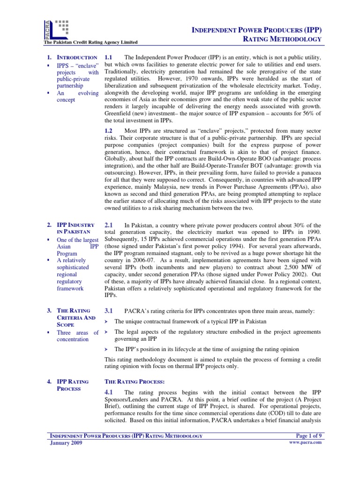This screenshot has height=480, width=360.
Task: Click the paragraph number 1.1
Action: point(109,56)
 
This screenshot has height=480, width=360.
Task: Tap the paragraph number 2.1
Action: point(109,225)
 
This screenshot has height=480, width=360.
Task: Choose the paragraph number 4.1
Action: point(109,392)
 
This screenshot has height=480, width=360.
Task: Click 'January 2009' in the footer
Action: point(66,443)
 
